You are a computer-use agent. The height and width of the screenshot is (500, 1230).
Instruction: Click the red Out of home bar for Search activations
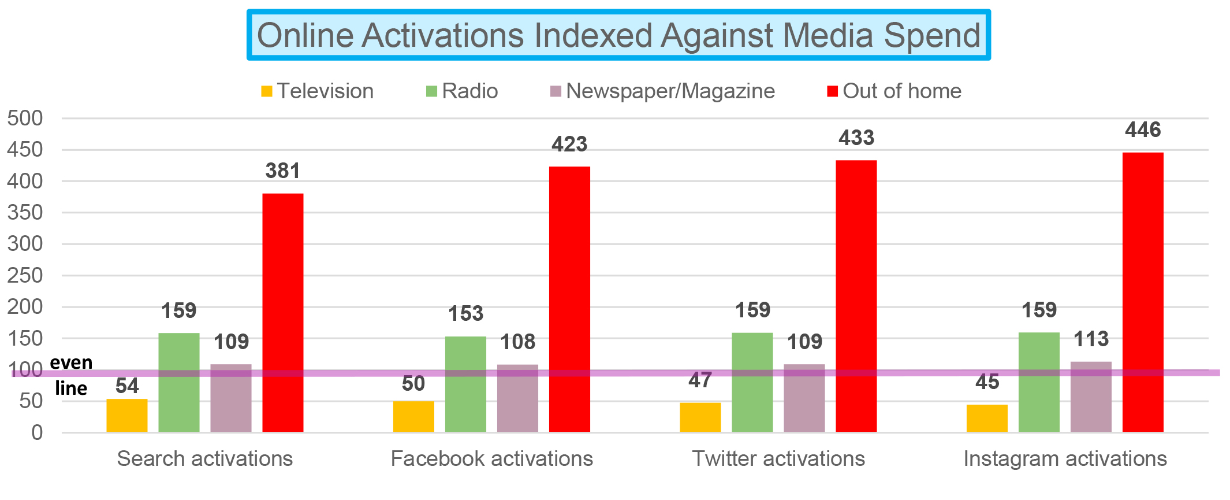click(x=282, y=312)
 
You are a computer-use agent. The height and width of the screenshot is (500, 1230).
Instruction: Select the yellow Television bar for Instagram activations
click(x=987, y=418)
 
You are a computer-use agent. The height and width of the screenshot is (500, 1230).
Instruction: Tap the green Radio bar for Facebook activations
click(x=465, y=384)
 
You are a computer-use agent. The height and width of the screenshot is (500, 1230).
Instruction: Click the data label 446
click(x=1142, y=130)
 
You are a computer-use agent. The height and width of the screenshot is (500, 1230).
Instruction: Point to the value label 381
click(x=282, y=171)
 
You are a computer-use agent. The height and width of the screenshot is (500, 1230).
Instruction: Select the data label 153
click(x=465, y=314)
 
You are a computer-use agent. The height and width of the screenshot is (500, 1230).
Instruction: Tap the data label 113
click(x=1091, y=339)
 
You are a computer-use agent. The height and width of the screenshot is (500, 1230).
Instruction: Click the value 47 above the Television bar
click(x=700, y=381)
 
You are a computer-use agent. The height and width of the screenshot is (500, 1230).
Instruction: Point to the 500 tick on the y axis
click(x=25, y=118)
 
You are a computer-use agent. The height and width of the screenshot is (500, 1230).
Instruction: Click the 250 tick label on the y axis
click(x=25, y=276)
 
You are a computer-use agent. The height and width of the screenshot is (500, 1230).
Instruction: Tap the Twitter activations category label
click(x=778, y=459)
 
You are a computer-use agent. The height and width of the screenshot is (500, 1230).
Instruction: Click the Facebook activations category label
click(x=491, y=459)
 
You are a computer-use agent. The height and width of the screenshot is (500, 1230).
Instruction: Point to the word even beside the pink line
click(x=71, y=362)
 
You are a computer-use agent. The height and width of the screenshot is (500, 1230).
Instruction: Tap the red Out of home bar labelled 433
click(x=856, y=295)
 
